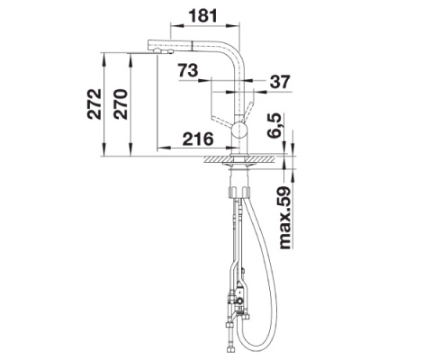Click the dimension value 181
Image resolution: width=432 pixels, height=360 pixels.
pyautogui.click(x=203, y=15)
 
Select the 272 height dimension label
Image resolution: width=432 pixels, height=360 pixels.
pyautogui.click(x=94, y=104)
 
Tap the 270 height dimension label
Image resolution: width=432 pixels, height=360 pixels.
pyautogui.click(x=121, y=104)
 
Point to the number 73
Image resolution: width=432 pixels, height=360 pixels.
pyautogui.click(x=188, y=70)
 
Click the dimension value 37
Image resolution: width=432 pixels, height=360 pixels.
pyautogui.click(x=280, y=81)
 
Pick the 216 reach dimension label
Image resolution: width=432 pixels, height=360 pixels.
pyautogui.click(x=198, y=139)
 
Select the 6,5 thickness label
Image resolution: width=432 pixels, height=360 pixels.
pyautogui.click(x=274, y=125)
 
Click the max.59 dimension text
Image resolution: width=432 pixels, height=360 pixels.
pyautogui.click(x=285, y=218)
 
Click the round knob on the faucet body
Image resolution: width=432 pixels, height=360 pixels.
pyautogui.click(x=239, y=130)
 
